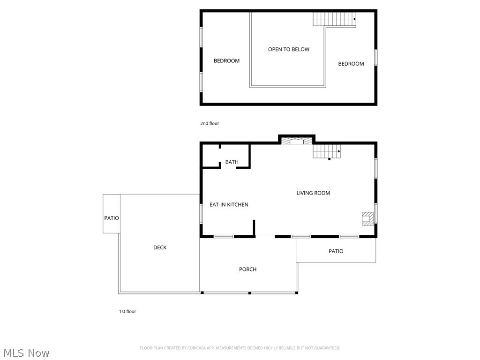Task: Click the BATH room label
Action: pos(232,162)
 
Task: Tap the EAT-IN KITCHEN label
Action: pos(229,205)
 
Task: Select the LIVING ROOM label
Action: pos(313,193)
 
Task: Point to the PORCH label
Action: pos(247,270)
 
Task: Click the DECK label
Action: pos(160,247)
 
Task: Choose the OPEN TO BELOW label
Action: pos(288,49)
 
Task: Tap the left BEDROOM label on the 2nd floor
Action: pos(226,61)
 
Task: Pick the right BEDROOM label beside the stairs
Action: pos(351,64)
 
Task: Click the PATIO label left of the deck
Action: pos(112,218)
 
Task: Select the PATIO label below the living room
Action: pos(336,251)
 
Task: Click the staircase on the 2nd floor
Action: pos(334,19)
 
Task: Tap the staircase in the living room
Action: pos(326,151)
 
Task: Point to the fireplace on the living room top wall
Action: pos(296,141)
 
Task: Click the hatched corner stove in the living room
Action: pos(367,219)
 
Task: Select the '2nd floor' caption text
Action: pos(210,124)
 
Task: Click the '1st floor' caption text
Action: pos(127,311)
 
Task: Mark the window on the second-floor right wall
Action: pos(376,58)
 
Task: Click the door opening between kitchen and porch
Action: pos(265,236)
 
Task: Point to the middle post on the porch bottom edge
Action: pos(250,293)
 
